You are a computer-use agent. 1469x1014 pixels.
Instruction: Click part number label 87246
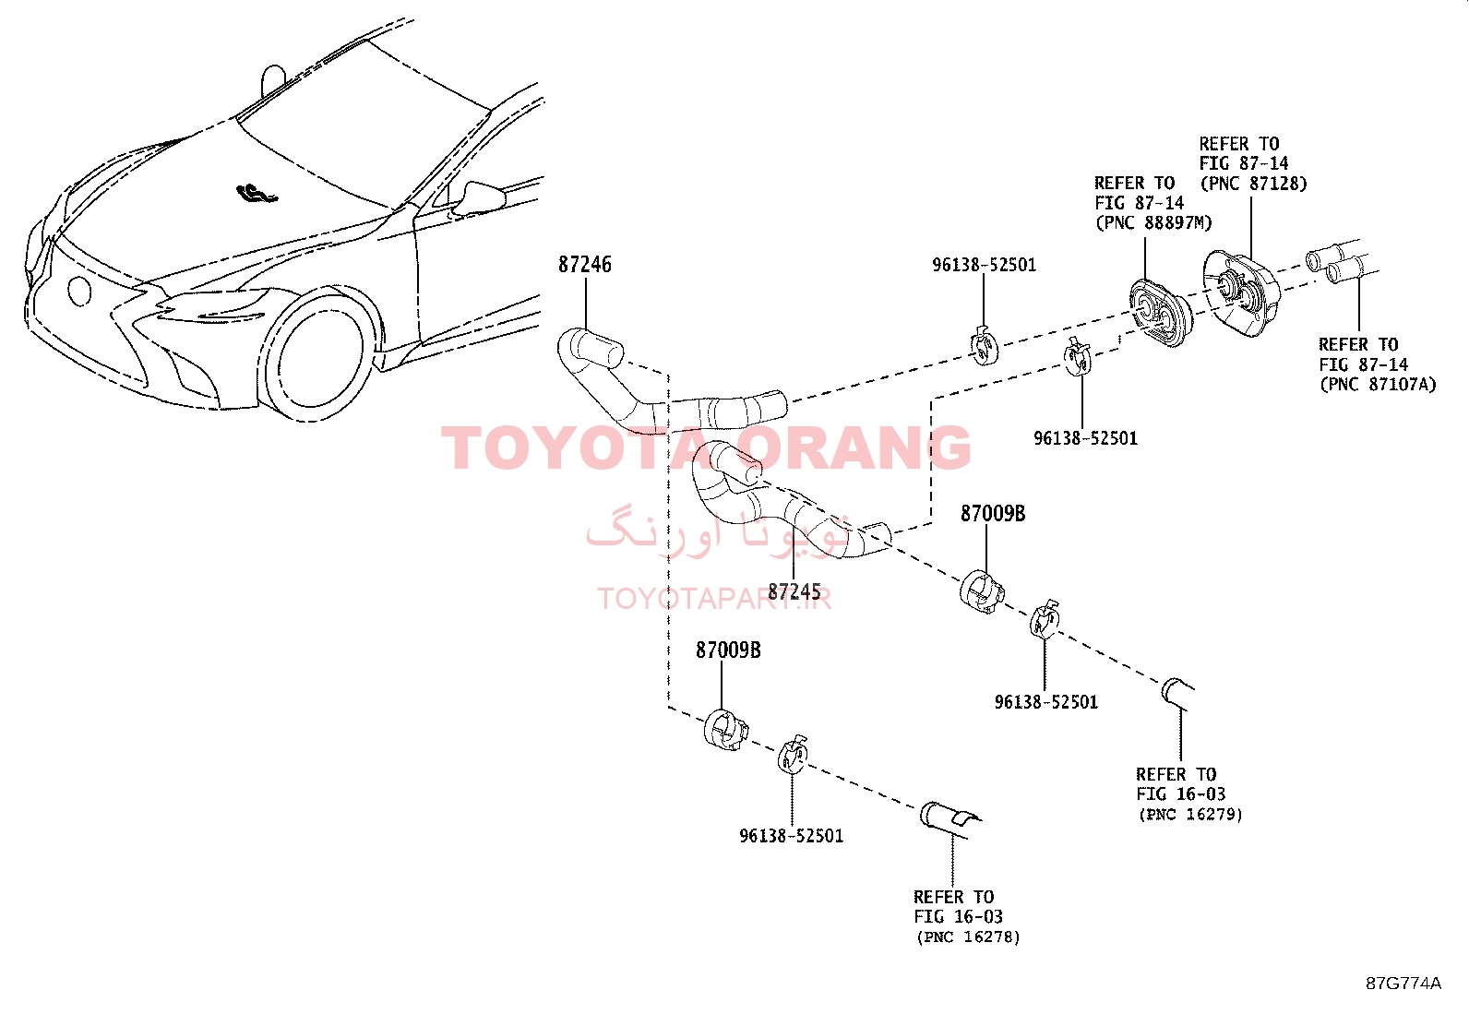click(584, 264)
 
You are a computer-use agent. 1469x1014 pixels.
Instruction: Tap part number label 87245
click(794, 591)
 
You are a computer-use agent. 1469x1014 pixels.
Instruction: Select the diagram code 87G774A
click(1403, 984)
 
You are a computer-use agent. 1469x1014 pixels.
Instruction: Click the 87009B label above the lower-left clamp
click(728, 650)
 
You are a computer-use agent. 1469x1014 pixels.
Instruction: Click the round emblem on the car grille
click(79, 290)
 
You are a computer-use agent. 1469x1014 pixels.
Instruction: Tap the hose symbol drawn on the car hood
click(257, 194)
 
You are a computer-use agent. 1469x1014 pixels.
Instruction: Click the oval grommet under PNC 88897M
click(1160, 313)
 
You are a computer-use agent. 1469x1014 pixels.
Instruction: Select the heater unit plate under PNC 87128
click(1241, 292)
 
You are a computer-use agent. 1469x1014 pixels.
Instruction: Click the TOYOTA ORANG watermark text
click(706, 448)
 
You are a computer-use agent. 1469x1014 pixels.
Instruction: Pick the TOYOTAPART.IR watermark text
click(714, 599)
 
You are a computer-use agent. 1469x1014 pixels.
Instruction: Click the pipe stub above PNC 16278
click(949, 817)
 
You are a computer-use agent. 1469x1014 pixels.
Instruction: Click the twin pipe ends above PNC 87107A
click(1341, 262)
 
